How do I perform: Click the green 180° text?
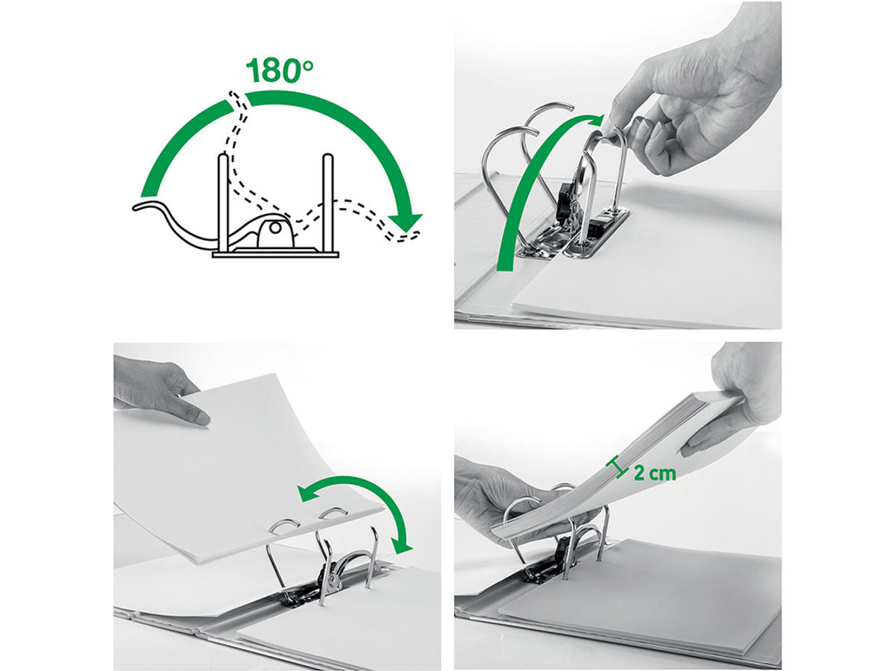279,70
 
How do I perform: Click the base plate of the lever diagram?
276,255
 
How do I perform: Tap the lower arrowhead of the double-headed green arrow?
401,545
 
